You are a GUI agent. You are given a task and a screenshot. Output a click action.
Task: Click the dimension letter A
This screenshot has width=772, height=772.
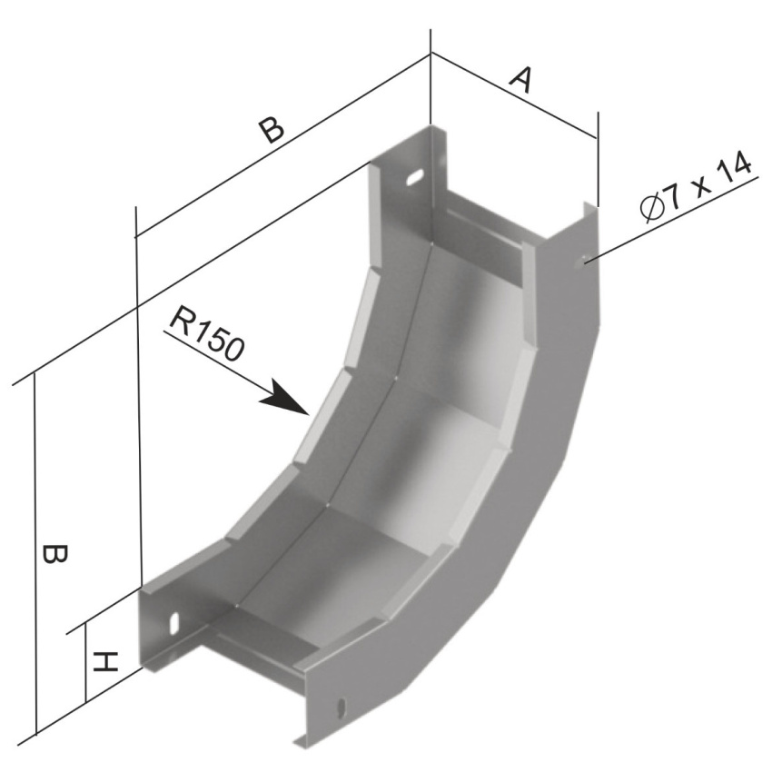click(x=520, y=80)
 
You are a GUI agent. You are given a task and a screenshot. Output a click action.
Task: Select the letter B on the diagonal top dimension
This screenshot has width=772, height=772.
click(x=272, y=129)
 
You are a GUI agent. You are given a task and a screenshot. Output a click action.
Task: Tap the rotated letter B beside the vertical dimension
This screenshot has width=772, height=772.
click(x=54, y=554)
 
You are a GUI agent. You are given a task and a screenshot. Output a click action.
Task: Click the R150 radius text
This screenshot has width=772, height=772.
click(x=207, y=334)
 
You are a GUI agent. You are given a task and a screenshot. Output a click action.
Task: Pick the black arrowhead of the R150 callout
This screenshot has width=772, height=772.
click(x=285, y=399)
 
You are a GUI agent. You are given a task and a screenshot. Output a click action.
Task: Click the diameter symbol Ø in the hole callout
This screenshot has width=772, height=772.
click(x=652, y=209)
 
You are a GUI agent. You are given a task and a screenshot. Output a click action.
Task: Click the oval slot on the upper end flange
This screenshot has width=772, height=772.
click(x=416, y=177)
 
